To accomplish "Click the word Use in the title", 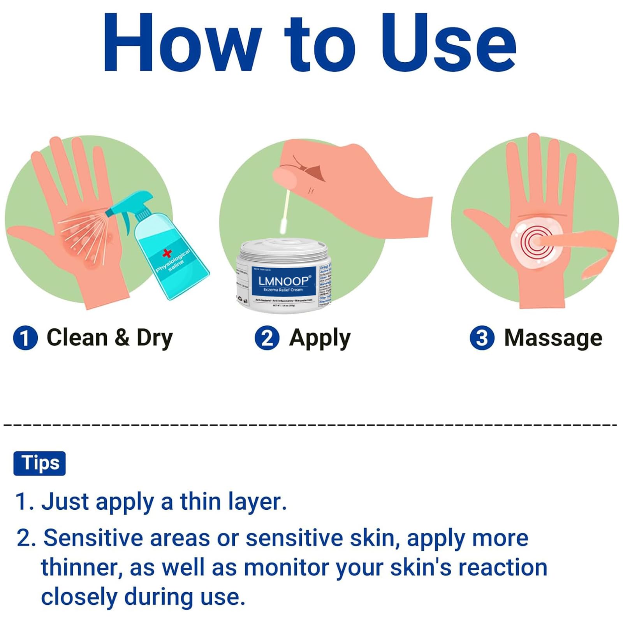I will (x=448, y=43).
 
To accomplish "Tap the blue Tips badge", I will (x=40, y=463).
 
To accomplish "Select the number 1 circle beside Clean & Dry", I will (x=25, y=338).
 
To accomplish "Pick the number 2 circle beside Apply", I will (x=267, y=338).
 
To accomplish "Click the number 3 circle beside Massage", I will (x=482, y=338).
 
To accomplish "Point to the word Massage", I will (x=553, y=338).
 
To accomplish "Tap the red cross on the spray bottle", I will (x=167, y=253).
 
